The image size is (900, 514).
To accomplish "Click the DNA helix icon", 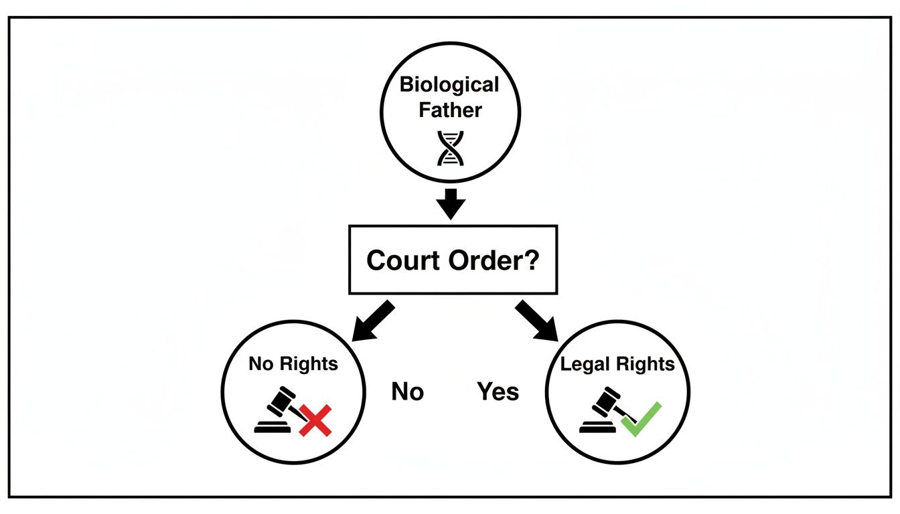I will click(450, 147).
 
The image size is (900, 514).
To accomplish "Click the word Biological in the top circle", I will click(449, 85).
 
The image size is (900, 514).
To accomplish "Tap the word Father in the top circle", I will click(450, 109).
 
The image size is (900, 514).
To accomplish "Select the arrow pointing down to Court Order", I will click(451, 203).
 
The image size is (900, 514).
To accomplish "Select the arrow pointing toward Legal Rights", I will click(537, 319).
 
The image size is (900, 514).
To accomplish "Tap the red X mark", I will click(315, 420).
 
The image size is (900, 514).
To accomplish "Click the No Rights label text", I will click(293, 364).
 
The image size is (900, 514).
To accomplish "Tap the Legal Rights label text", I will click(617, 364).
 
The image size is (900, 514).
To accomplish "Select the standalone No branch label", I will click(407, 392).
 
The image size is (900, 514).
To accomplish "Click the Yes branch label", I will click(498, 392).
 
